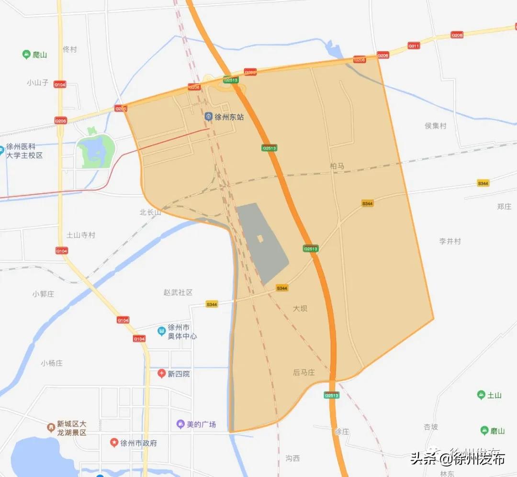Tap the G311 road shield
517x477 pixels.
(x=414, y=46)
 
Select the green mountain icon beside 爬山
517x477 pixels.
(x=27, y=55)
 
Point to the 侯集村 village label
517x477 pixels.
(x=435, y=126)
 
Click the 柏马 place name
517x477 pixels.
(x=337, y=166)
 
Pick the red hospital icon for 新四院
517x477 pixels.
(x=162, y=373)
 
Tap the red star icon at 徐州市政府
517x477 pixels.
(x=114, y=443)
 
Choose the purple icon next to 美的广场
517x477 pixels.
(x=180, y=424)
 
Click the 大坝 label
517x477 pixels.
(x=300, y=308)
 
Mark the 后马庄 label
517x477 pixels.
(x=304, y=372)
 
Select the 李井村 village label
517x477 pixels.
(x=450, y=241)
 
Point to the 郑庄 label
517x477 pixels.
(x=504, y=206)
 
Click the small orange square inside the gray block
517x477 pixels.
(x=260, y=238)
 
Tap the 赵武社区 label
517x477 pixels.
(x=178, y=292)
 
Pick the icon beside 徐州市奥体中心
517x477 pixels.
(x=162, y=330)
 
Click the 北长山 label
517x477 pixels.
(x=150, y=212)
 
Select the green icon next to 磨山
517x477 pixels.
(x=485, y=431)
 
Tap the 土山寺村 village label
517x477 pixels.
(x=81, y=235)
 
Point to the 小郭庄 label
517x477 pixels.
(x=43, y=294)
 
